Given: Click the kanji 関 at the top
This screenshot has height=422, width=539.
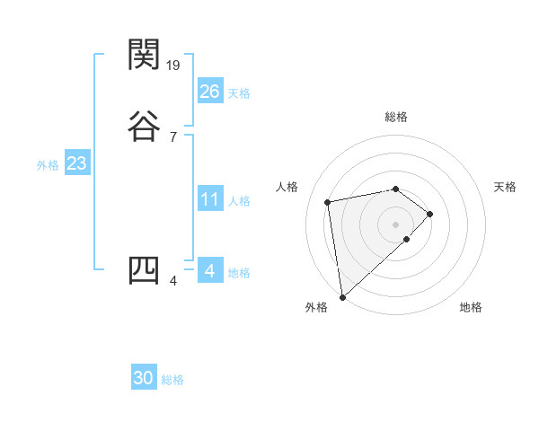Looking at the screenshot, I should tap(144, 56).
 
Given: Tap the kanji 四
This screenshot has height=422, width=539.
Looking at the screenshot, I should tap(144, 270).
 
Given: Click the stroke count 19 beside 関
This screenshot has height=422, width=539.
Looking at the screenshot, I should tap(174, 65).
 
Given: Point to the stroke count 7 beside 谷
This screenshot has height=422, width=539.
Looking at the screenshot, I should tap(172, 136).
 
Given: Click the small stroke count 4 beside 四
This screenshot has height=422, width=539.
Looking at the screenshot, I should tap(172, 281).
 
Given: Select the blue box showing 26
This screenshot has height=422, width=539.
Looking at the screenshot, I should tap(209, 91).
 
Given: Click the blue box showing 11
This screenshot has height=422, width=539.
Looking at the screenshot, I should tap(209, 198).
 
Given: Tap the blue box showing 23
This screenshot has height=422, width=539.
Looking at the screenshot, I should tap(76, 163).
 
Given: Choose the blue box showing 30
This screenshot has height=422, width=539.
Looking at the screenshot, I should tap(144, 378).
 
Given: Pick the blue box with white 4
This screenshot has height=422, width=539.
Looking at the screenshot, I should tap(209, 270).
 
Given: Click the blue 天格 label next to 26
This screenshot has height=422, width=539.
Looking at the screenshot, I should tap(239, 92).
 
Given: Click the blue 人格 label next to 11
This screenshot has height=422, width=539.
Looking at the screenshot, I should tap(239, 200).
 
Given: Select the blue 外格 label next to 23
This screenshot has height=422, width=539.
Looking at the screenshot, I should tap(48, 165).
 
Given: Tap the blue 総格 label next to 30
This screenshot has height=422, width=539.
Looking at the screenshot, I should tap(172, 380).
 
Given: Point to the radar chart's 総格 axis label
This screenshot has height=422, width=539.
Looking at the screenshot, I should tap(396, 117).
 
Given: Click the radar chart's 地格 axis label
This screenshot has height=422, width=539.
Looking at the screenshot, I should tap(471, 307).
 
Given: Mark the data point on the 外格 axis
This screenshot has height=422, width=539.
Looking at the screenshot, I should tap(341, 296).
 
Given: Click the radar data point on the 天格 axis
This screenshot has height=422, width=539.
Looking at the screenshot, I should tap(430, 214).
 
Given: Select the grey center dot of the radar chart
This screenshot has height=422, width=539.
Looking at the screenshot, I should tap(396, 224).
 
